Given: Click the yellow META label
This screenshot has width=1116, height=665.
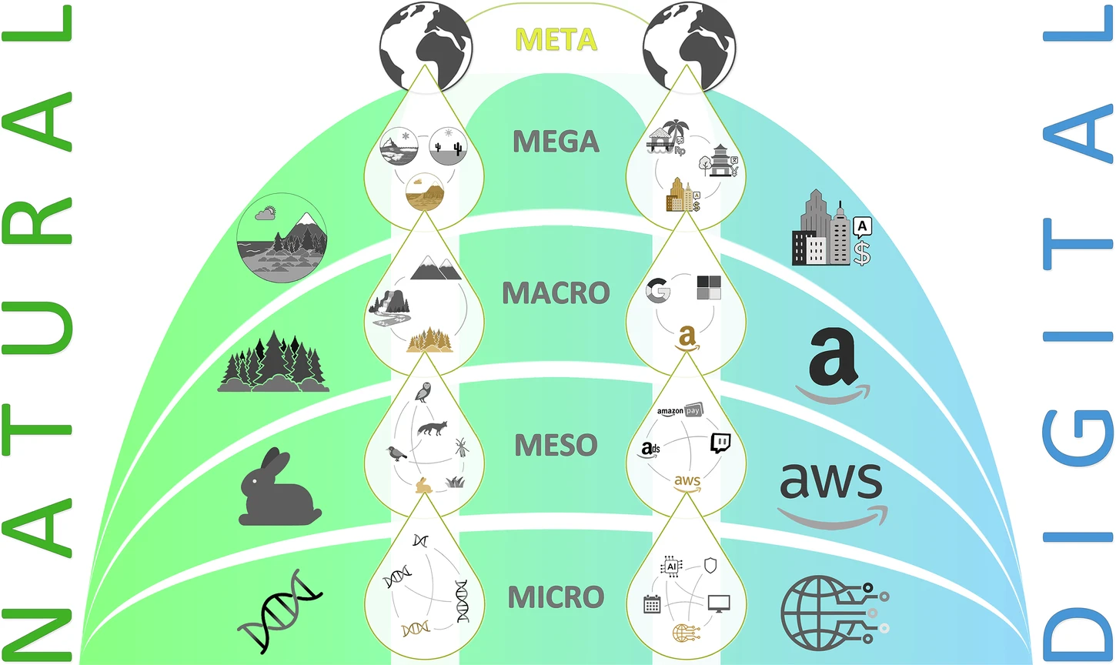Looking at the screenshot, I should point(556,38).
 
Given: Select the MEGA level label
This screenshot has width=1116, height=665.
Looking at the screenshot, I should point(556,142).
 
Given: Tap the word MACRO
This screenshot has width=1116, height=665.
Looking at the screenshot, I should point(556,293).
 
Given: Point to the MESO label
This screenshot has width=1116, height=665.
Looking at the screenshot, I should point(556,445).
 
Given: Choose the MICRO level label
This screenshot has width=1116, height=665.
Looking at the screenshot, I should point(556,596).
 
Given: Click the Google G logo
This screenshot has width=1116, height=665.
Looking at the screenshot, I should point(658,290).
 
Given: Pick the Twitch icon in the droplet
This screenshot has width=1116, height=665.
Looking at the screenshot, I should point(720,443).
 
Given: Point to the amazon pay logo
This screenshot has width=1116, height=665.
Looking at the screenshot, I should point(680,410).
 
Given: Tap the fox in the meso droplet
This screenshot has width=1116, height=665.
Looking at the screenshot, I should point(431,428).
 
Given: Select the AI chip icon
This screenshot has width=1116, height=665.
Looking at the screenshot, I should point(671,566).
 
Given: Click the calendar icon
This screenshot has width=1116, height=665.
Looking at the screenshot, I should point(652,603).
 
